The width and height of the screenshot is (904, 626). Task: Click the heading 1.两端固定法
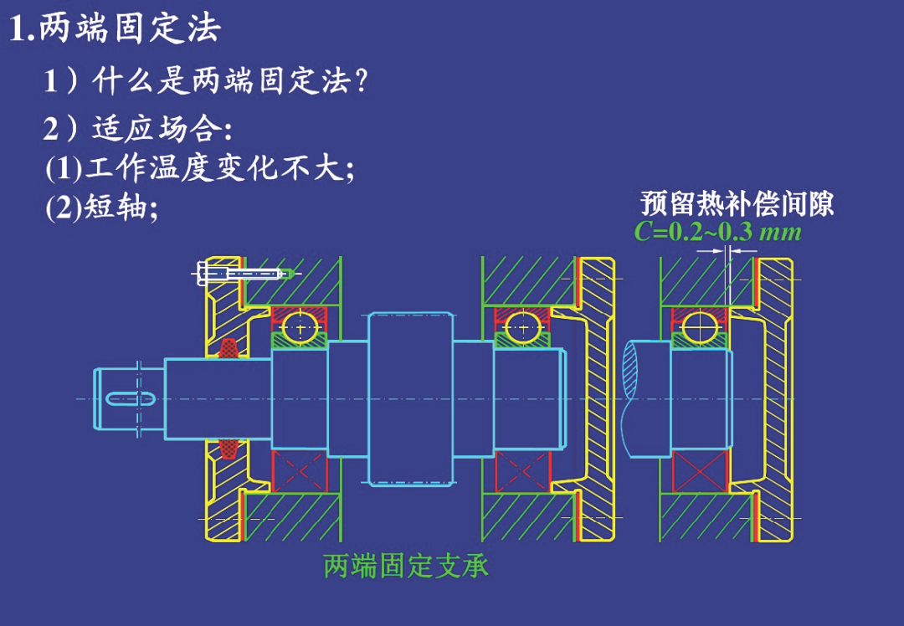[x=115, y=29]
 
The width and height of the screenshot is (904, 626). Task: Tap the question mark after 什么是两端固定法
[x=362, y=81]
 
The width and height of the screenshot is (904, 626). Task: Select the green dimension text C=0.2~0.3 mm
[x=717, y=231]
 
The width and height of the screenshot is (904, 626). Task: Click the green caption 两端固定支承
[x=406, y=566]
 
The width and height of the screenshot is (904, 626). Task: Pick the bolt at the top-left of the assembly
[x=243, y=273]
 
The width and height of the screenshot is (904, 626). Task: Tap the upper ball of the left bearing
[x=299, y=327]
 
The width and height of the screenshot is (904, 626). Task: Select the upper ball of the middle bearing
[x=522, y=327]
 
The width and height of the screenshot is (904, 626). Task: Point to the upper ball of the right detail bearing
[x=700, y=327]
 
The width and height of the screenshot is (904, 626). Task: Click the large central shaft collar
[x=410, y=398]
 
